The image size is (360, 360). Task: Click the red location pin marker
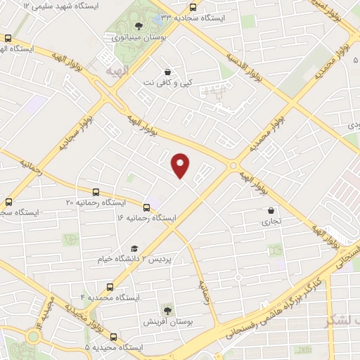181,165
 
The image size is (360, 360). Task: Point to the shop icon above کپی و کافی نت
167,72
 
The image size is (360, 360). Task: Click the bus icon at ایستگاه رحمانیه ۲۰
96,192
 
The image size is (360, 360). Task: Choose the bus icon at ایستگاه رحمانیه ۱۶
147,207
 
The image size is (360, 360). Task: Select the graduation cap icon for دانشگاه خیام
134,248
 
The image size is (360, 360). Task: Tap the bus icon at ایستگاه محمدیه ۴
110,287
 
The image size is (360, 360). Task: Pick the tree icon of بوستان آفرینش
167,309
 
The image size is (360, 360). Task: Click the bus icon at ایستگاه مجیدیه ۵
114,337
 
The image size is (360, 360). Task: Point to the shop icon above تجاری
271,210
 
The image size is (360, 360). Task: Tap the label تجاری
271,220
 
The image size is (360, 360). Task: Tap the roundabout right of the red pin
233,165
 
